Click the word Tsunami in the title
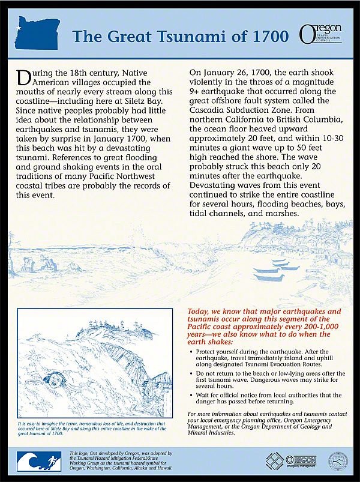tap(197, 36)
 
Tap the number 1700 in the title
tap(268, 36)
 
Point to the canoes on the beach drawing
tap(276, 270)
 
